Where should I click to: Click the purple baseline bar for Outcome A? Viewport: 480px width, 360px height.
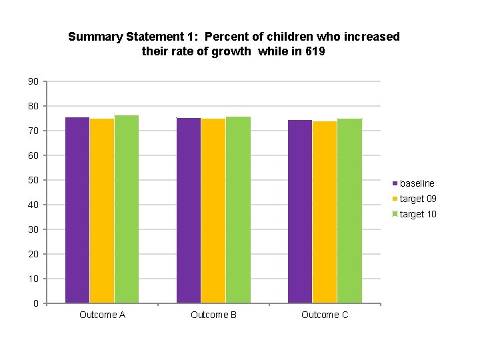tap(77, 210)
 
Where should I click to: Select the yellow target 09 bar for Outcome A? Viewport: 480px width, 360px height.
tap(102, 211)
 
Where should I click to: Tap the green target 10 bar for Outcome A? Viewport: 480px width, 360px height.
tap(127, 209)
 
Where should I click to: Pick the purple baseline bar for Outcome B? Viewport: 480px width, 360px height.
tap(189, 211)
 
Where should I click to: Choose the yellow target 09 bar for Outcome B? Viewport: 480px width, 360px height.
tap(213, 211)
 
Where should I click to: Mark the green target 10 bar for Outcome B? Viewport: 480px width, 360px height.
tap(238, 210)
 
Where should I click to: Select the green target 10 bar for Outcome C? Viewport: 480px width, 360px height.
tap(349, 211)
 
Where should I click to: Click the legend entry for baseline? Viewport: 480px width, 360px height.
tap(417, 183)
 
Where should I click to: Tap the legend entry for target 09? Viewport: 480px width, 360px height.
tap(418, 199)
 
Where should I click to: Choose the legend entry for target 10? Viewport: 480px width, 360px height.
tap(418, 214)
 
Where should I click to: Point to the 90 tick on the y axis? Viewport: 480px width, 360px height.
tap(33, 81)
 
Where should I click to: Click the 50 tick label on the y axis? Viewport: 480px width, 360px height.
tap(33, 180)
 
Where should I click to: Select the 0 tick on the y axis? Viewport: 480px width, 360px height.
tap(35, 303)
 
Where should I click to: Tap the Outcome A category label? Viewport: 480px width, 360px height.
tap(102, 315)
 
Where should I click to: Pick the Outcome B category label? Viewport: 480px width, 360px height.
tap(213, 315)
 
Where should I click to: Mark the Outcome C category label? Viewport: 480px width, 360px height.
tap(325, 315)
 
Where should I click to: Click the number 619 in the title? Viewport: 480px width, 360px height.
tap(315, 51)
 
